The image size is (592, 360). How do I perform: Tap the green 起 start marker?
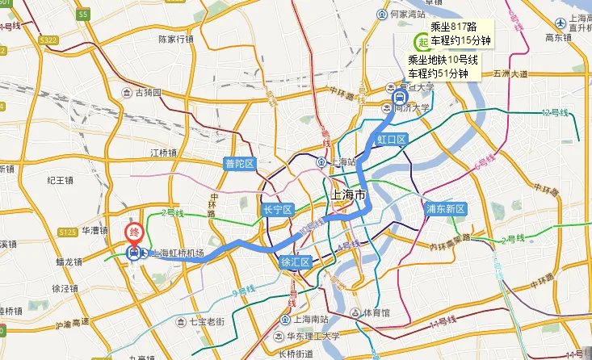421,42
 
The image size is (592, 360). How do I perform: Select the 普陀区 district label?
239,164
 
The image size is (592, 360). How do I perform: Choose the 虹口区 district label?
392,140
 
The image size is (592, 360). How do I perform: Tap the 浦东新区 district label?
447,209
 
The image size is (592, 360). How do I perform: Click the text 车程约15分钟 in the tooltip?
461,40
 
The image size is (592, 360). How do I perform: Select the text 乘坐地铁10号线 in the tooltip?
443,60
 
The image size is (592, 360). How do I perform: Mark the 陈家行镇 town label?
175,39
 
